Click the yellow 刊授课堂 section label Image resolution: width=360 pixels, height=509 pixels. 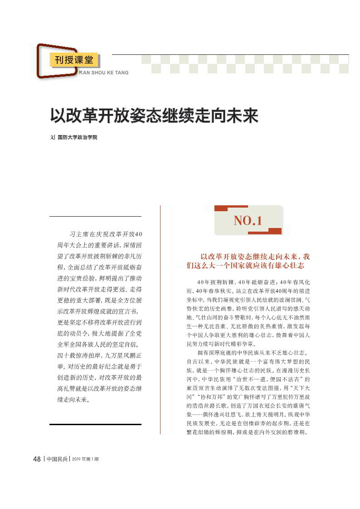74,60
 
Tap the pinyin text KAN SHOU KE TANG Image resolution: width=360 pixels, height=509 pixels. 104,73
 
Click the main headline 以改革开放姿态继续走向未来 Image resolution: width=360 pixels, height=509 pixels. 154,116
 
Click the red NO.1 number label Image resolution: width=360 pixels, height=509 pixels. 248,221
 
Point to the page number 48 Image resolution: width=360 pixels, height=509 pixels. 37,459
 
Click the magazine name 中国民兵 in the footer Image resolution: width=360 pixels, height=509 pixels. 57,459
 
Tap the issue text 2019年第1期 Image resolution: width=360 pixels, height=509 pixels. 85,459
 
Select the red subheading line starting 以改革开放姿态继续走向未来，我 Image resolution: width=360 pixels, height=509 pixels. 255,257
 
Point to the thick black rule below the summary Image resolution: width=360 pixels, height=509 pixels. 95,424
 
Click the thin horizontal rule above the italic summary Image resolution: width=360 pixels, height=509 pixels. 95,217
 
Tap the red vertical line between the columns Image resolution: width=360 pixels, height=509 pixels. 160,317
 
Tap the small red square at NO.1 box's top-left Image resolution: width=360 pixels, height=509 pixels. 221,208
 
